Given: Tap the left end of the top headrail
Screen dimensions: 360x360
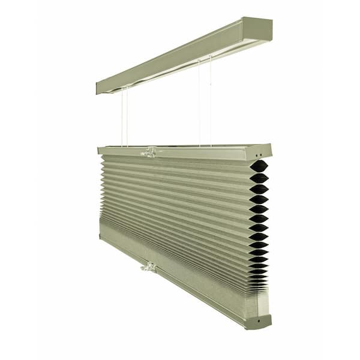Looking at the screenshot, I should tap(99, 88).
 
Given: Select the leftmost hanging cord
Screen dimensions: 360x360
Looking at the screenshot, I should tap(122, 117).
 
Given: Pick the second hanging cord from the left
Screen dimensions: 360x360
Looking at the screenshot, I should tap(127, 117).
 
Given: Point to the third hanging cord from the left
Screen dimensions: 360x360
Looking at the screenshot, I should tap(200, 102).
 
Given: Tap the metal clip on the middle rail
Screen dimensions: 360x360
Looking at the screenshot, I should tap(149, 153).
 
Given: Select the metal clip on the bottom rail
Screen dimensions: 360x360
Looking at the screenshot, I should tap(149, 267).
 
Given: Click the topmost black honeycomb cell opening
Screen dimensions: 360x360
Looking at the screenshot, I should tap(259, 166).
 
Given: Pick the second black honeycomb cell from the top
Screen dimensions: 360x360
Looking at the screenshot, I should tap(259, 178).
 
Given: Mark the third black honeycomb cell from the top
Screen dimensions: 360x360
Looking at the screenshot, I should tap(259, 189).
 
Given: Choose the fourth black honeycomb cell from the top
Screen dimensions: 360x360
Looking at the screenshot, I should tap(259, 199).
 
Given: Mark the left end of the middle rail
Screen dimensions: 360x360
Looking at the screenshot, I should tap(100, 150).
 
